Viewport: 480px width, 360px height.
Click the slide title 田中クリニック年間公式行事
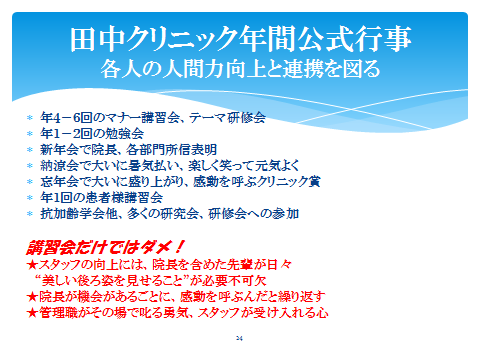coord(240,41)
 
